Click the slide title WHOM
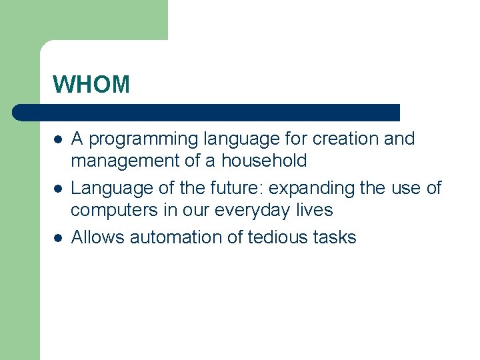[x=91, y=85]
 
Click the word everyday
[x=254, y=210]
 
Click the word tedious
[x=275, y=237]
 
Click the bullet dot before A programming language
[x=58, y=140]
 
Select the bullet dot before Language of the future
[x=58, y=189]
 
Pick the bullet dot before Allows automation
[x=58, y=238]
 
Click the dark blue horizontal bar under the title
[x=207, y=112]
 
